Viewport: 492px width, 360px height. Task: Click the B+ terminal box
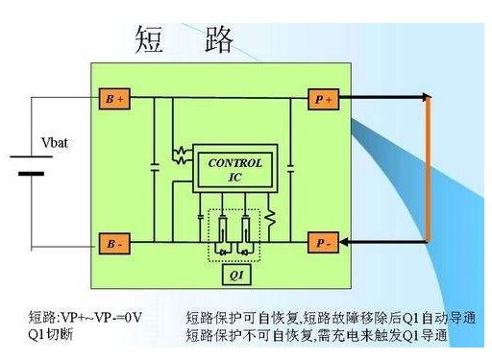pyautogui.click(x=113, y=99)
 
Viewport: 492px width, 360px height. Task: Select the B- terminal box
pyautogui.click(x=113, y=244)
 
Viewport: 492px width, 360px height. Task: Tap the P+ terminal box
pyautogui.click(x=320, y=99)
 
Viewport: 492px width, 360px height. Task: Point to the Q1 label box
pyautogui.click(x=234, y=276)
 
